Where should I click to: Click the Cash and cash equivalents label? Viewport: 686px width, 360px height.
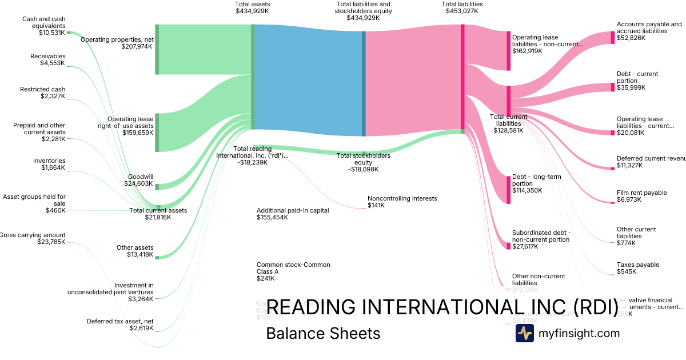[x=43, y=22]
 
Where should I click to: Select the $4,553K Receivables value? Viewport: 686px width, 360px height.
[x=53, y=63]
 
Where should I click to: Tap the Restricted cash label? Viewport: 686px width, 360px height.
[x=42, y=89]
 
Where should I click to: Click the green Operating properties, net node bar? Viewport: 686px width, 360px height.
[x=157, y=49]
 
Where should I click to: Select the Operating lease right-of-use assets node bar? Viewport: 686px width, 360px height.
[x=157, y=133]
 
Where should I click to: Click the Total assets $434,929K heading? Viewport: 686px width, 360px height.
[x=252, y=7]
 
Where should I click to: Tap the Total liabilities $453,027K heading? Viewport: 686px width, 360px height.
[x=462, y=7]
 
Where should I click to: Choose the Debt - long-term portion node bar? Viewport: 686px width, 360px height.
[x=508, y=190]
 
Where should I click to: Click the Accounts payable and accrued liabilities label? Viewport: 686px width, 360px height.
[x=649, y=27]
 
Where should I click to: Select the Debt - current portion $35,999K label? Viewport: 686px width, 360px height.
[x=637, y=81]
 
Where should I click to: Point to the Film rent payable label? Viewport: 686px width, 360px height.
[x=641, y=193]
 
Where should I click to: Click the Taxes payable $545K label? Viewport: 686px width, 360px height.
[x=637, y=268]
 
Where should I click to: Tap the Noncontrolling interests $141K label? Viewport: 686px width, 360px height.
[x=402, y=202]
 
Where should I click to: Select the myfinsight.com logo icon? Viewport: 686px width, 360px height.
[x=524, y=333]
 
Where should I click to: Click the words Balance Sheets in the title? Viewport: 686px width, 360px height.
[x=323, y=333]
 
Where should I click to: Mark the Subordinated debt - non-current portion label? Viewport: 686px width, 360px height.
[x=540, y=236]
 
